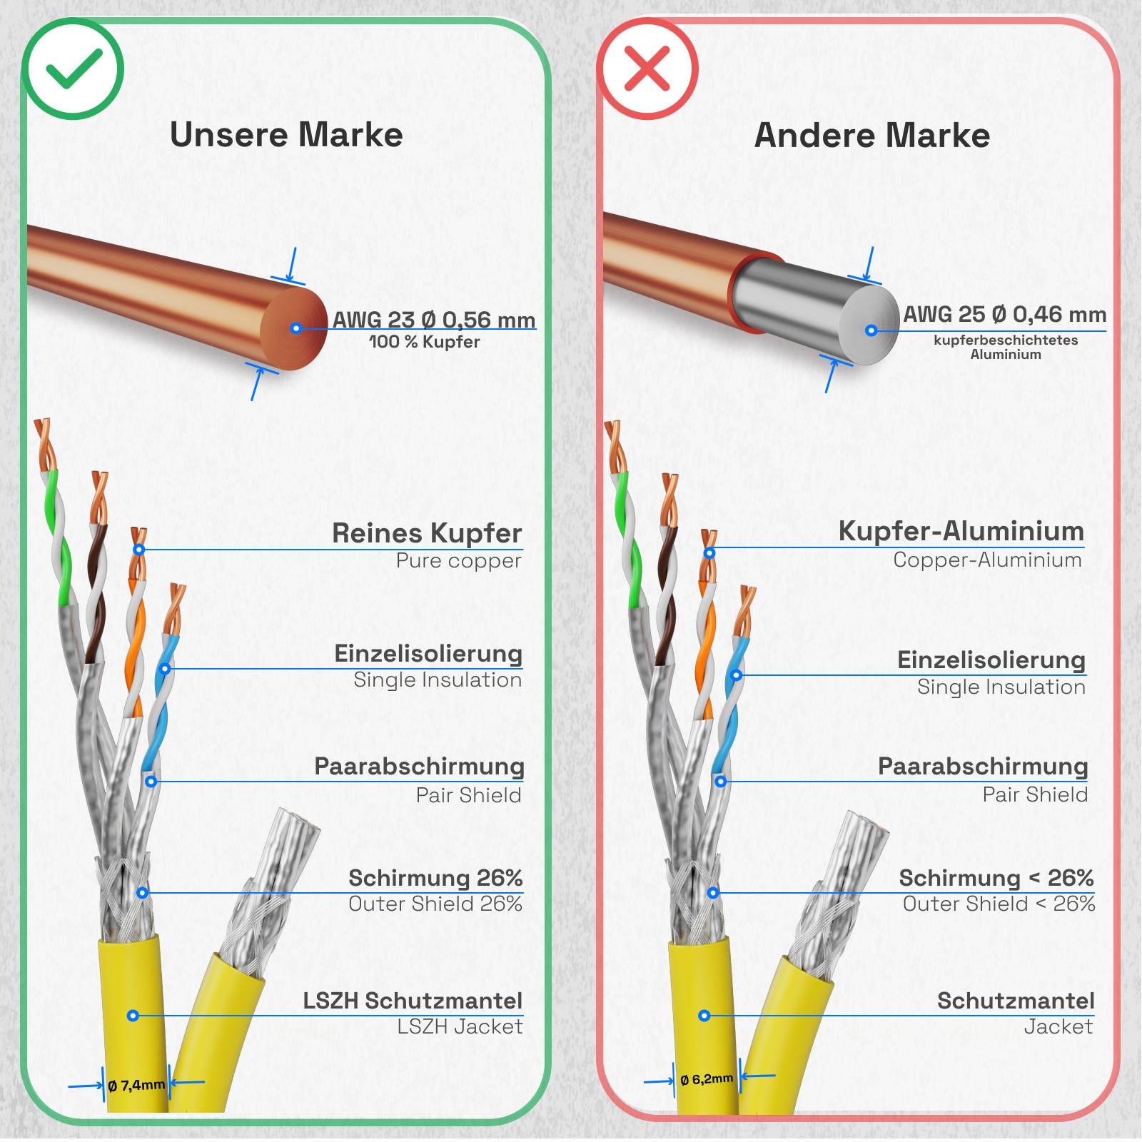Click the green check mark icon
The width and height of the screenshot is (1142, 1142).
click(73, 69)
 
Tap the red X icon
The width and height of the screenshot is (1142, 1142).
click(647, 69)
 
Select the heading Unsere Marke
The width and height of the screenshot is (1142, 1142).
click(286, 135)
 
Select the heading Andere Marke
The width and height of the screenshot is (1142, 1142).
click(872, 135)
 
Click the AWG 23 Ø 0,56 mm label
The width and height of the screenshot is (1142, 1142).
click(434, 319)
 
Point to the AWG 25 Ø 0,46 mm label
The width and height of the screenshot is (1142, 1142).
click(1005, 314)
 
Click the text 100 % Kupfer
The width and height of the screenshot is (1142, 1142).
click(424, 342)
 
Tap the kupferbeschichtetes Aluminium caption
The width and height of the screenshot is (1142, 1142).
click(1006, 347)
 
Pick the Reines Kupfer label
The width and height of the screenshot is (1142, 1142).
click(427, 533)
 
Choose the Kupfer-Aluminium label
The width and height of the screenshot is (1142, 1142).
click(961, 531)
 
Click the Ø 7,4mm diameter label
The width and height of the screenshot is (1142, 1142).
click(136, 1086)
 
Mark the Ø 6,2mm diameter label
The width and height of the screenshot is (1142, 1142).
click(707, 1079)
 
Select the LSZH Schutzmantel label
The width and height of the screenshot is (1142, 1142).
click(413, 1001)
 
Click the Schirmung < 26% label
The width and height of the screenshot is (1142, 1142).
click(996, 878)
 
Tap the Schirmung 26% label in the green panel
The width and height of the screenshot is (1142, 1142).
click(435, 878)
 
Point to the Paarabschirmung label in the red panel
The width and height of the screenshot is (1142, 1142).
click(983, 766)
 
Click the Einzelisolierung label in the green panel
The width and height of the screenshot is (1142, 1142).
click(428, 654)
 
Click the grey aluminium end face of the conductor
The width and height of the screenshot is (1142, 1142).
click(870, 325)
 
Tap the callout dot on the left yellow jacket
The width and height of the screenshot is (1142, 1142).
click(133, 1015)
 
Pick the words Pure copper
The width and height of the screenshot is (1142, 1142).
click(458, 561)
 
